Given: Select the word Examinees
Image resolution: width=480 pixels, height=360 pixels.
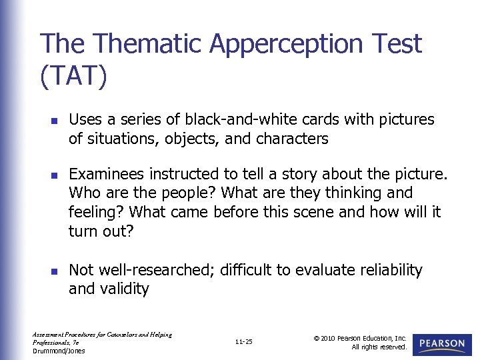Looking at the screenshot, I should [107, 174].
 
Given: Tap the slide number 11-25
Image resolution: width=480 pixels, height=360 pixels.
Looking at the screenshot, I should [244, 342].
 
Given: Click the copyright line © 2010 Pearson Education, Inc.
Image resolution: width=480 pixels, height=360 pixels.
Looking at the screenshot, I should [360, 338].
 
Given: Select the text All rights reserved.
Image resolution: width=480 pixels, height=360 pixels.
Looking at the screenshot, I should [379, 347].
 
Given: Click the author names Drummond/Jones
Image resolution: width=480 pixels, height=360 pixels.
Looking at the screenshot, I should [59, 351].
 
